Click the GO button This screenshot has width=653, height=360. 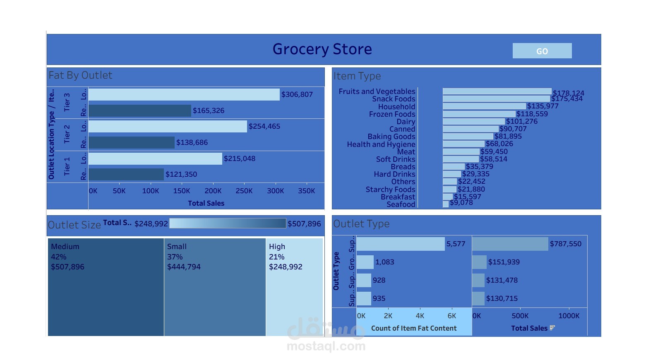542,51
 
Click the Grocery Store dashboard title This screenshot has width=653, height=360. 322,49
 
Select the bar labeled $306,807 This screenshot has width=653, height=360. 184,94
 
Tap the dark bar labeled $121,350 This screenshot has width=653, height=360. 126,174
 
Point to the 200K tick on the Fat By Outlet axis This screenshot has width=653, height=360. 213,191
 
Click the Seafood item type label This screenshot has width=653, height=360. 401,204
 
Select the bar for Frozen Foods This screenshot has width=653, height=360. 479,114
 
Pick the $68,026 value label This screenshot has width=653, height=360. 499,144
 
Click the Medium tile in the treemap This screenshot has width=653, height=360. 106,287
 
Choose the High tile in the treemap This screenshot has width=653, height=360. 294,287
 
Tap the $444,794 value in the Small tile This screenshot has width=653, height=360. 184,267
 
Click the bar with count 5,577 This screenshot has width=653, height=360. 401,244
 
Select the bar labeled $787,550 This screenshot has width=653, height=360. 510,244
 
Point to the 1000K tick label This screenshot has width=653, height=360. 569,316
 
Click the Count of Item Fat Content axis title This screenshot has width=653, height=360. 414,328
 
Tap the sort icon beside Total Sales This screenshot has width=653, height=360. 552,328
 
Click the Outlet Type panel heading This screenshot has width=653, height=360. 361,224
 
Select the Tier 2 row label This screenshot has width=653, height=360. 67,134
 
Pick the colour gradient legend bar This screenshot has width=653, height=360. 228,223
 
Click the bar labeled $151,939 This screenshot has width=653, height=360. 479,262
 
